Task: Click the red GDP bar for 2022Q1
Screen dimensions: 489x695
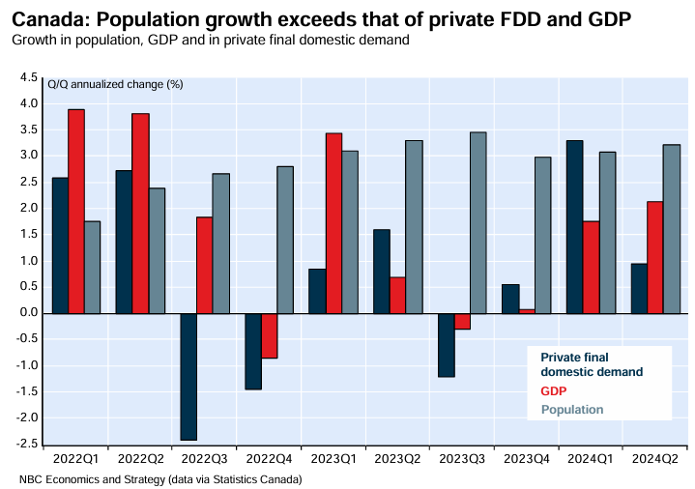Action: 75,211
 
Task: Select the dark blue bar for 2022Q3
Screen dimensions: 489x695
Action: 188,376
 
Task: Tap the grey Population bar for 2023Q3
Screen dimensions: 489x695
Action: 478,222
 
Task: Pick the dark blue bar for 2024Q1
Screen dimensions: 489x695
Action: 574,226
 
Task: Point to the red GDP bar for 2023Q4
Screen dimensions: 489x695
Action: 527,311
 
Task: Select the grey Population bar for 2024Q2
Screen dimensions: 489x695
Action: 671,229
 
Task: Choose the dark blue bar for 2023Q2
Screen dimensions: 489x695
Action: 381,271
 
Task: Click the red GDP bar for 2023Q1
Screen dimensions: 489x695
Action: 333,222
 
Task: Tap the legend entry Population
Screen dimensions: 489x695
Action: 571,410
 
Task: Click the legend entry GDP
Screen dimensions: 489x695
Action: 553,391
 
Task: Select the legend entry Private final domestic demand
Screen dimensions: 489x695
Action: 591,364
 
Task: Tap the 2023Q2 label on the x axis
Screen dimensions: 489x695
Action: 397,460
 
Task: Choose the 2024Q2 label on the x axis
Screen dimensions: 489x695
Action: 654,460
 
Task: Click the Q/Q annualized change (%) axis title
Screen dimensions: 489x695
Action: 115,84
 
